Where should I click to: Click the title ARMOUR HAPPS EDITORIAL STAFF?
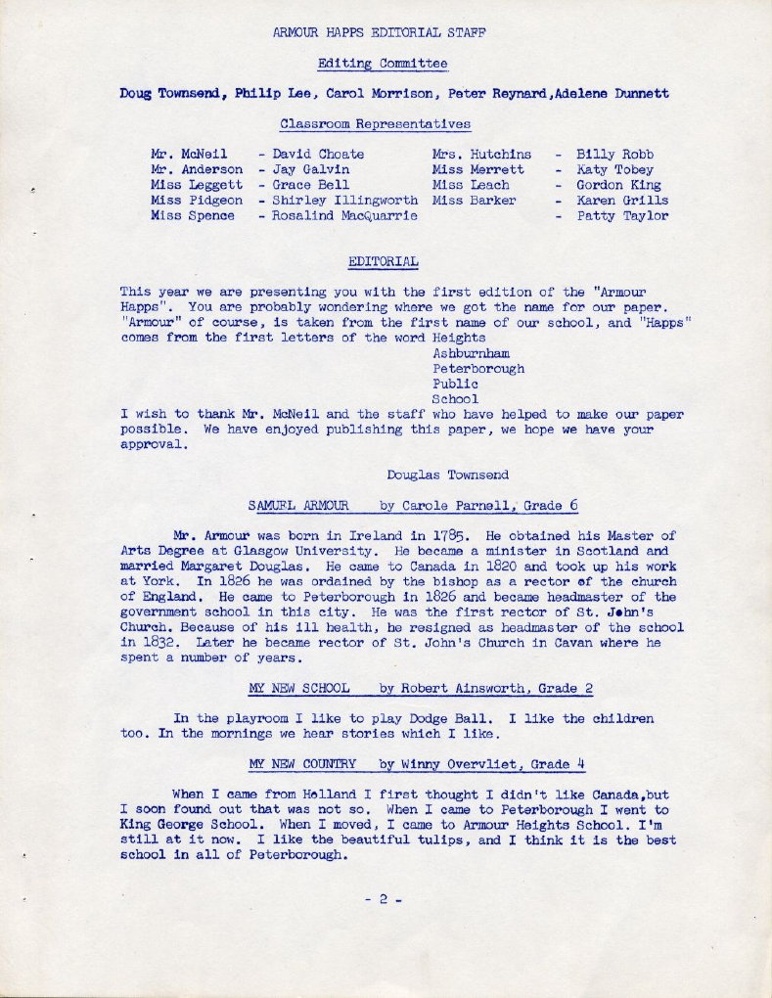[381, 32]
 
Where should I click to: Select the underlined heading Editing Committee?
[383, 64]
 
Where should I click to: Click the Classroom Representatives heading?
[375, 124]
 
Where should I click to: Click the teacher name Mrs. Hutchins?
[481, 154]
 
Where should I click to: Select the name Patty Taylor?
[622, 216]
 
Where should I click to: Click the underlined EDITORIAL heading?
[384, 261]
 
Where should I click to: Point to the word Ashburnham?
[471, 353]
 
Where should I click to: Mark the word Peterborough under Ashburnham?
[478, 369]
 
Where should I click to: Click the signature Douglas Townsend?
[447, 475]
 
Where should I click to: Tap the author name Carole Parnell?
[450, 505]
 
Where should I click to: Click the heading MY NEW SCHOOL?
[298, 688]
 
